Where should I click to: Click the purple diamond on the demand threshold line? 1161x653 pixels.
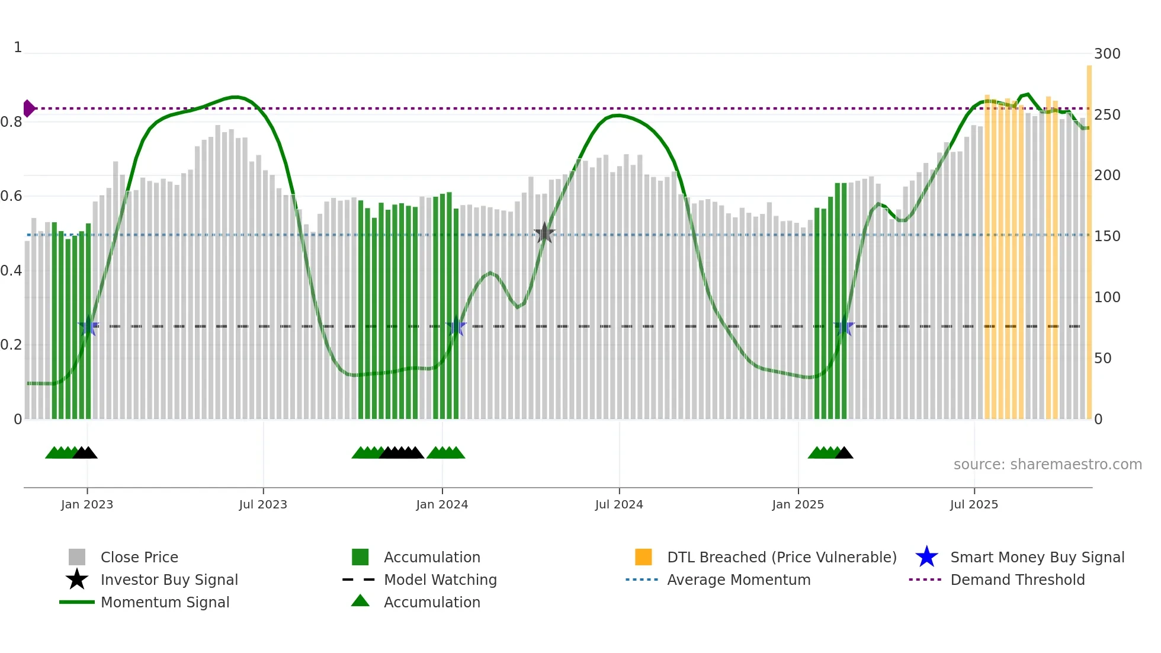pyautogui.click(x=29, y=108)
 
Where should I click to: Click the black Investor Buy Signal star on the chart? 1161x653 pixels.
pyautogui.click(x=544, y=233)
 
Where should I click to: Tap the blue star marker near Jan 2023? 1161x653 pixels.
pyautogui.click(x=88, y=326)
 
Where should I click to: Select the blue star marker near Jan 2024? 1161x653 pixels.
pyautogui.click(x=456, y=326)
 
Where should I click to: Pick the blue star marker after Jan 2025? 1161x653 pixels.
pyautogui.click(x=844, y=326)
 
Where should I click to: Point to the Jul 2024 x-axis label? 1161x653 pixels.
pyautogui.click(x=619, y=504)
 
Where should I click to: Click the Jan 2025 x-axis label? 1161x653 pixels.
pyautogui.click(x=798, y=504)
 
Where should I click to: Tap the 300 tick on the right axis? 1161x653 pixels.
pyautogui.click(x=1107, y=54)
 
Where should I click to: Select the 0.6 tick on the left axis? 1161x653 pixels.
pyautogui.click(x=11, y=196)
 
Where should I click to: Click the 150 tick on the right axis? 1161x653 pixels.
pyautogui.click(x=1107, y=236)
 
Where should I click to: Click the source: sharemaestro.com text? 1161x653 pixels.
pyautogui.click(x=1047, y=465)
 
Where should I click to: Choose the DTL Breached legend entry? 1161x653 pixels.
pyautogui.click(x=781, y=557)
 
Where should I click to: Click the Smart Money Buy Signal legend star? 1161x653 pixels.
pyautogui.click(x=926, y=557)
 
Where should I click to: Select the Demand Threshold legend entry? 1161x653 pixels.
pyautogui.click(x=1017, y=580)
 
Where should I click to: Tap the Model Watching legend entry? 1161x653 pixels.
pyautogui.click(x=440, y=580)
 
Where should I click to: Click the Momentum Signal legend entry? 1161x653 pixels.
pyautogui.click(x=165, y=602)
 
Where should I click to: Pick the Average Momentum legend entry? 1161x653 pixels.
pyautogui.click(x=738, y=580)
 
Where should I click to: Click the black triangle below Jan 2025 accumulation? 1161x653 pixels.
pyautogui.click(x=844, y=453)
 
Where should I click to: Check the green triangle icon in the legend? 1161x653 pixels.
pyautogui.click(x=360, y=601)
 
